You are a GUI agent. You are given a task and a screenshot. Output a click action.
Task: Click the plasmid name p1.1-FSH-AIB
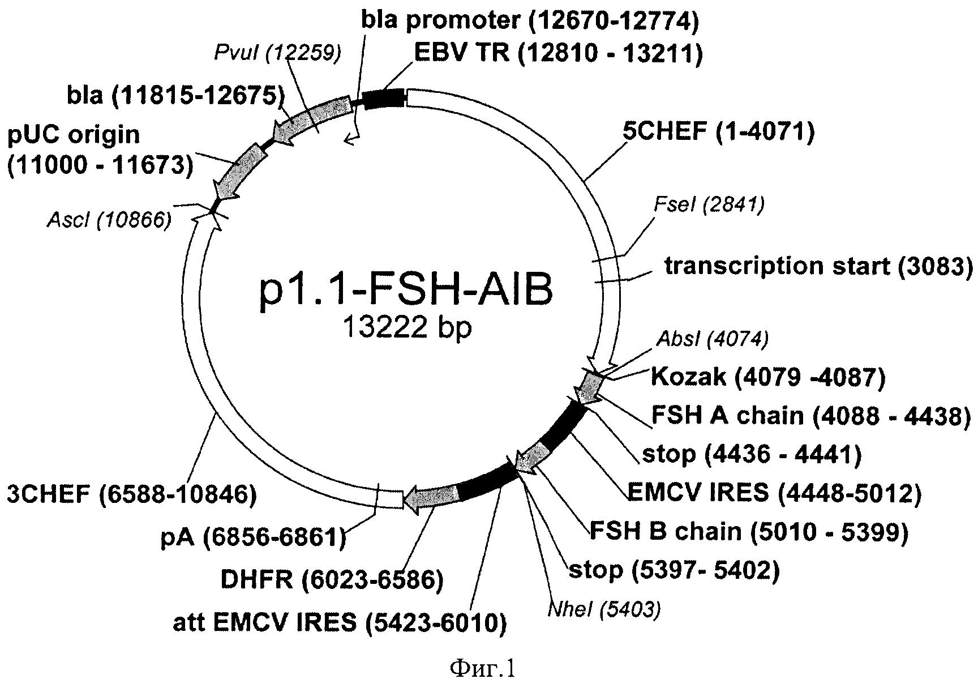405,293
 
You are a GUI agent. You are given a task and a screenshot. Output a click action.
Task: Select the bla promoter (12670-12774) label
530,21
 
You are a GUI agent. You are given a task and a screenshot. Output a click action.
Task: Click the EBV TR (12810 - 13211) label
558,54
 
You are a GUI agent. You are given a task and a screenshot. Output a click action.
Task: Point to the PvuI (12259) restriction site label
278,53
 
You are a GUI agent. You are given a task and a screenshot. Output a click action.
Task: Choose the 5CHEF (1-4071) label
718,133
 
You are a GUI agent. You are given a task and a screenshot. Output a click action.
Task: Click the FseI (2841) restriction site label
709,204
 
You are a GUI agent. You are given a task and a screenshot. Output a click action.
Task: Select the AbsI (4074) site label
712,339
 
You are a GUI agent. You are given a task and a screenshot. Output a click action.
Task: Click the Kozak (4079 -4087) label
768,376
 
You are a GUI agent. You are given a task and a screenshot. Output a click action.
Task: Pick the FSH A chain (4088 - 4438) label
810,416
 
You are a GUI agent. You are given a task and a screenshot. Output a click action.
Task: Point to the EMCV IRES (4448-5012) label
774,493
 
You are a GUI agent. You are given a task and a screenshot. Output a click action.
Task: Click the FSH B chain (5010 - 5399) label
749,531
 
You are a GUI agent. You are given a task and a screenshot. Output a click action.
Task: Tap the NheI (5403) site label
604,609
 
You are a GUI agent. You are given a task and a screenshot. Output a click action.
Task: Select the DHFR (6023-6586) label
332,579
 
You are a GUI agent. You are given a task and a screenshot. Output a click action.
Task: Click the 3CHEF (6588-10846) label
131,495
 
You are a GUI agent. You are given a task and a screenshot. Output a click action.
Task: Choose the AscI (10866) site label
109,220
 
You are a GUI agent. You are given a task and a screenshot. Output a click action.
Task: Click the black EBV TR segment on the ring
384,99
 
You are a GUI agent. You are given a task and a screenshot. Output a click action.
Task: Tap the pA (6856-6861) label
253,537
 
